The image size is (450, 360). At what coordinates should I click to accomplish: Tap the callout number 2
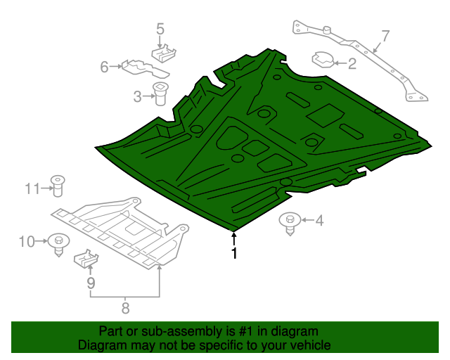coord(352,64)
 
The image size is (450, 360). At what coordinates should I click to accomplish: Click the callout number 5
coord(160,29)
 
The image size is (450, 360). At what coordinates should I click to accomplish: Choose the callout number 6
coord(104,67)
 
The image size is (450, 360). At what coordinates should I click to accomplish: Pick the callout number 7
coord(385,35)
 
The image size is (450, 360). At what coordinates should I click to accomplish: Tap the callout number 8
coord(125,307)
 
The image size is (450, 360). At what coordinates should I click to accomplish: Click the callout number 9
coord(90,283)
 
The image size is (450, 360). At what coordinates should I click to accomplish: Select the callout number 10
coord(26,242)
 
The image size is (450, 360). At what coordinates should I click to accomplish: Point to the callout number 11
coord(31,188)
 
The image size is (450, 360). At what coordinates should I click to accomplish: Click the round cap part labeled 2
coord(323,60)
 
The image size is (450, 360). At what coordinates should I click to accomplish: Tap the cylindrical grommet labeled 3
coord(161,93)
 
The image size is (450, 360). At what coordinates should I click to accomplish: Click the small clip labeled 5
coord(163,54)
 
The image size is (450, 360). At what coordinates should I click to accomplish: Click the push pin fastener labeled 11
coord(58,186)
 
